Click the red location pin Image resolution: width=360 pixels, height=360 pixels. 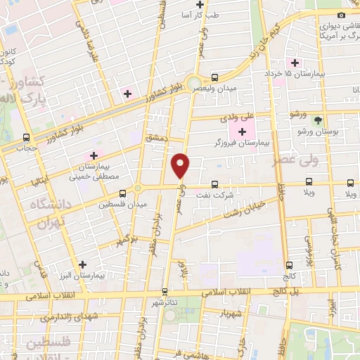point(181,165)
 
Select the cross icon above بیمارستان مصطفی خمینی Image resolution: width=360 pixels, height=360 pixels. point(93,155)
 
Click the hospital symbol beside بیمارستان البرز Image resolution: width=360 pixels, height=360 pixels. point(83,265)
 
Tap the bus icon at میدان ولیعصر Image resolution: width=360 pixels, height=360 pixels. point(214,77)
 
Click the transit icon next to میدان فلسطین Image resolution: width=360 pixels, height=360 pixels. point(123,192)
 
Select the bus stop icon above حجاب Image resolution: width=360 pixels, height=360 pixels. point(26,138)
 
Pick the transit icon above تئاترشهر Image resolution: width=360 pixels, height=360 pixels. point(165,290)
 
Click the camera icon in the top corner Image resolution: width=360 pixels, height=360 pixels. point(342,15)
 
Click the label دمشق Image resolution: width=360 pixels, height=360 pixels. point(156,139)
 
